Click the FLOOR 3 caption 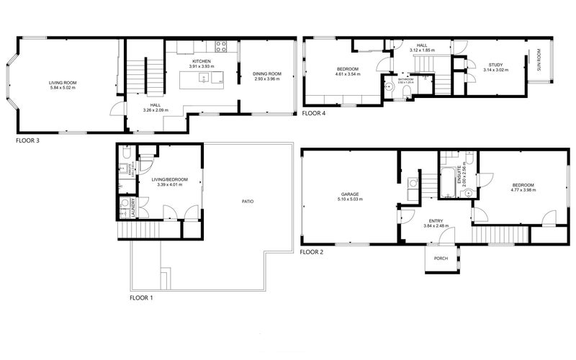coord(27,141)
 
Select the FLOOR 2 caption coord(312,252)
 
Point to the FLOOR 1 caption coord(141,297)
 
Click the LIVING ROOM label coord(63,82)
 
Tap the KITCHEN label coord(202,62)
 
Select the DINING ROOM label coord(267,73)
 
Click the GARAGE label coord(351,194)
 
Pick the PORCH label coord(441,259)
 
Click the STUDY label coord(494,65)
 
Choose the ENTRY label coord(436,221)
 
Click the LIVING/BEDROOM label coord(171,179)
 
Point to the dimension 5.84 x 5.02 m coord(63,88)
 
